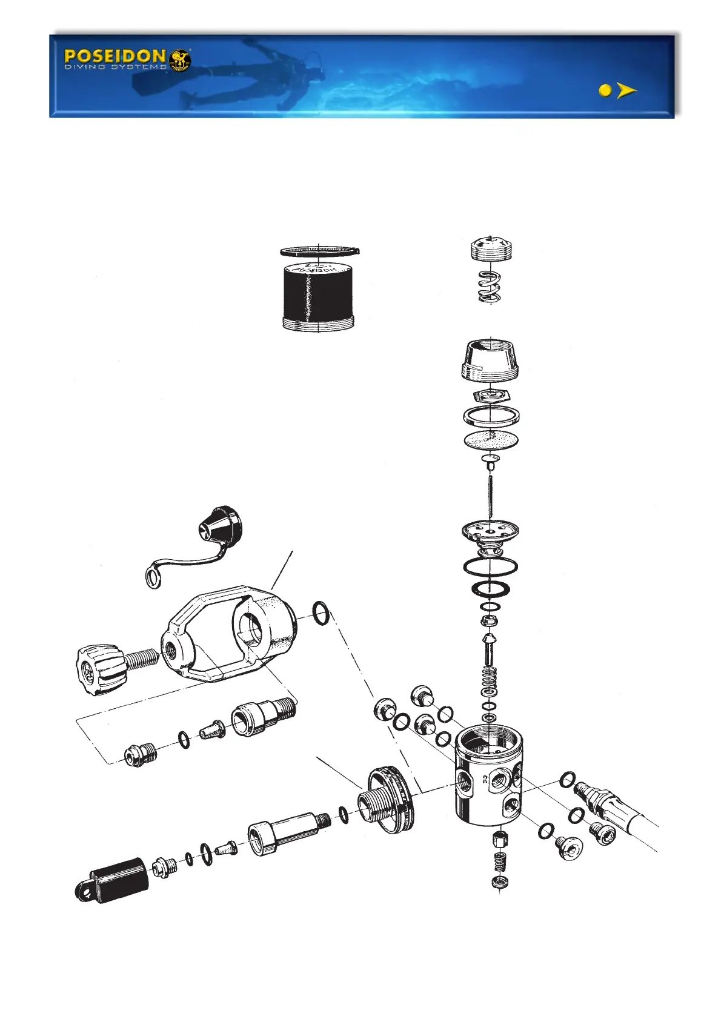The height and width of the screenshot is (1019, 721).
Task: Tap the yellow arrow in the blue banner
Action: click(x=626, y=91)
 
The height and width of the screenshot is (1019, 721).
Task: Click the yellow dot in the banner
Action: click(x=604, y=91)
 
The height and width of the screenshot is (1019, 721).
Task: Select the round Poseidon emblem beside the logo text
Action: click(x=180, y=60)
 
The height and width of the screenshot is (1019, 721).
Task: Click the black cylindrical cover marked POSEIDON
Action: click(x=317, y=296)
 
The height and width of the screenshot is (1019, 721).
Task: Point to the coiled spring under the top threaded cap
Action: click(x=490, y=287)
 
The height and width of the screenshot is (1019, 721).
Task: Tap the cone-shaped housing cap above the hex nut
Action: click(x=491, y=362)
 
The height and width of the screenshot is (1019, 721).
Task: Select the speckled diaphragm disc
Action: click(x=491, y=440)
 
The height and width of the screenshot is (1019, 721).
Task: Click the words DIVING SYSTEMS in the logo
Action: click(x=115, y=67)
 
